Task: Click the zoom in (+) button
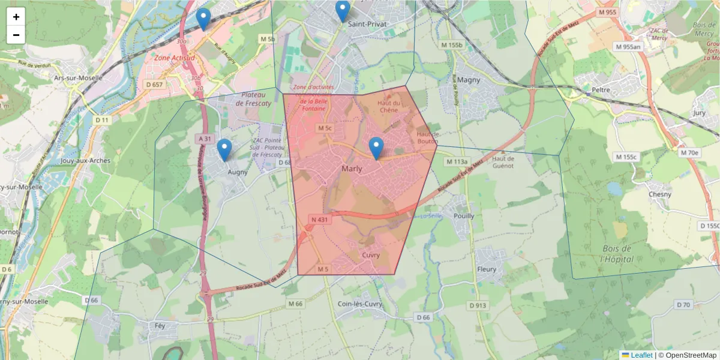(16, 17)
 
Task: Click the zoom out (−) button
(16, 35)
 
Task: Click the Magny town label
(469, 79)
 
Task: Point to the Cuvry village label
(371, 255)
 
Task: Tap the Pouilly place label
(464, 216)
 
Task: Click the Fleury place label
(487, 269)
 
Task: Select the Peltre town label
(601, 90)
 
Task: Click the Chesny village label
(660, 194)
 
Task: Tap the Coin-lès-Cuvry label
(360, 304)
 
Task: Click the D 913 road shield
(478, 306)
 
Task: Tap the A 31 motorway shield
(205, 139)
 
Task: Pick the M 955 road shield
(607, 12)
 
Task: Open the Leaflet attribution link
(641, 355)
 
